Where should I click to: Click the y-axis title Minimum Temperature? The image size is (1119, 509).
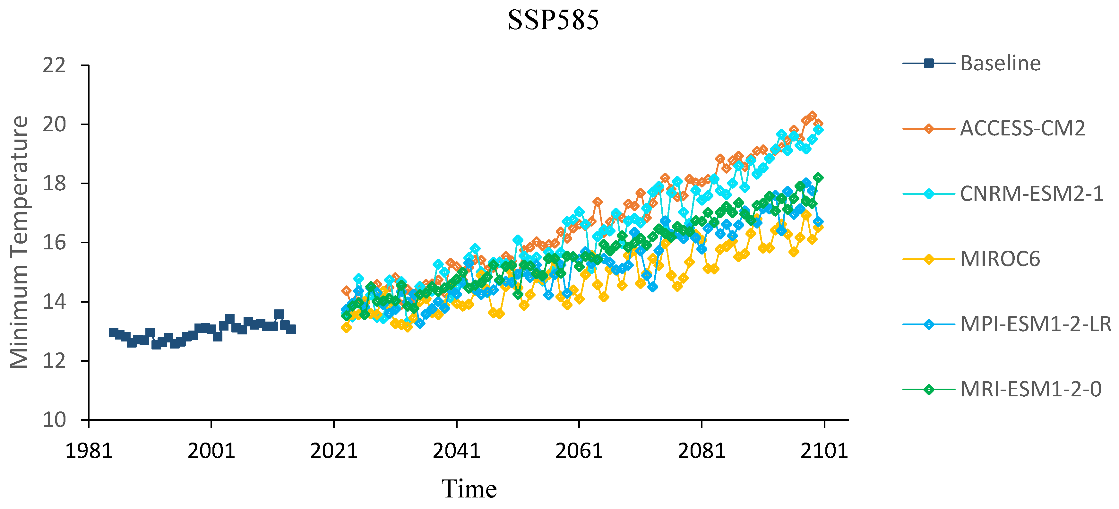point(19,242)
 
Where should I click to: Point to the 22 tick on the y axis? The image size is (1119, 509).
point(54,65)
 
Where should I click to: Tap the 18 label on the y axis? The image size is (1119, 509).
point(54,183)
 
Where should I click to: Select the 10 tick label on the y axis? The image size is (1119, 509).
point(54,420)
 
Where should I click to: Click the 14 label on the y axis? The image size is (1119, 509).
point(54,301)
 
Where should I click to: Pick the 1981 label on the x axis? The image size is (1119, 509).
point(89,451)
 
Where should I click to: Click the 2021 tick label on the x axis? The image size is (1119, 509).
point(334,451)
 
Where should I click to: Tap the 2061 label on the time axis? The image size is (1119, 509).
point(579,451)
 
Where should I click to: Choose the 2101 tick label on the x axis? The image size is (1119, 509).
point(824,451)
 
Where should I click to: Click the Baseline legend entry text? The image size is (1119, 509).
point(1000,64)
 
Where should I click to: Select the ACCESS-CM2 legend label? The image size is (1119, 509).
point(1022,129)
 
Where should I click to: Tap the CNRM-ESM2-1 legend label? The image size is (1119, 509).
point(1031,194)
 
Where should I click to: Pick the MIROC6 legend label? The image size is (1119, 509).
point(1000,259)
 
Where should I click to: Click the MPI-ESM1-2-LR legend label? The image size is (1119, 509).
point(1036,324)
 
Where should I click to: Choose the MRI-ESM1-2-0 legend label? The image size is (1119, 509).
point(1030,390)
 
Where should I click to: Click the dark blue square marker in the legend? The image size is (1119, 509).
point(928,64)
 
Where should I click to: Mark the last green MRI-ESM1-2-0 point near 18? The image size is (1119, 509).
point(818,177)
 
